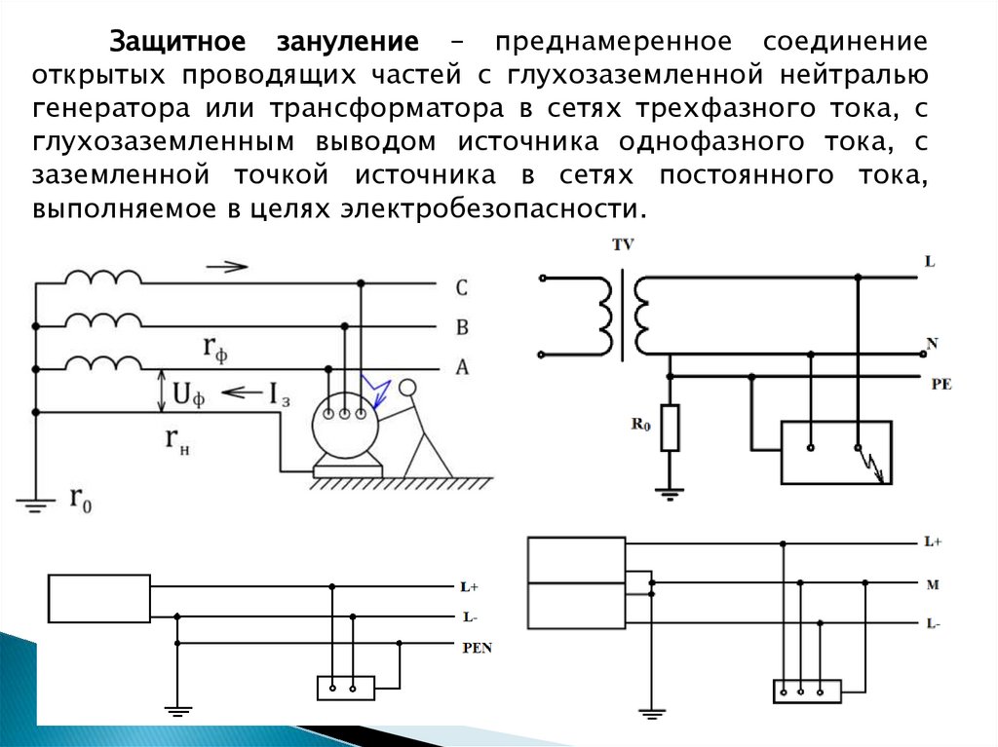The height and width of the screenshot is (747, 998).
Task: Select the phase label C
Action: [462, 287]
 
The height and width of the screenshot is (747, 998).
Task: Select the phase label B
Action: [462, 327]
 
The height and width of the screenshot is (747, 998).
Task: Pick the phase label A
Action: [462, 367]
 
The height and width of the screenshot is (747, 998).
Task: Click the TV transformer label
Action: [622, 246]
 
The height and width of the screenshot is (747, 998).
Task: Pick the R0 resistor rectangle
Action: [669, 429]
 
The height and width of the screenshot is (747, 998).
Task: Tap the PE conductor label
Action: [940, 385]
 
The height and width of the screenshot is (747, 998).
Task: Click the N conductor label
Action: [932, 344]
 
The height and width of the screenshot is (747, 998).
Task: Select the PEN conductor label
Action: [477, 648]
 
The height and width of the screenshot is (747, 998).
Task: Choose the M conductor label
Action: [933, 584]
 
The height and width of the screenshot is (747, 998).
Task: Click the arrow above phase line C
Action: [227, 266]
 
